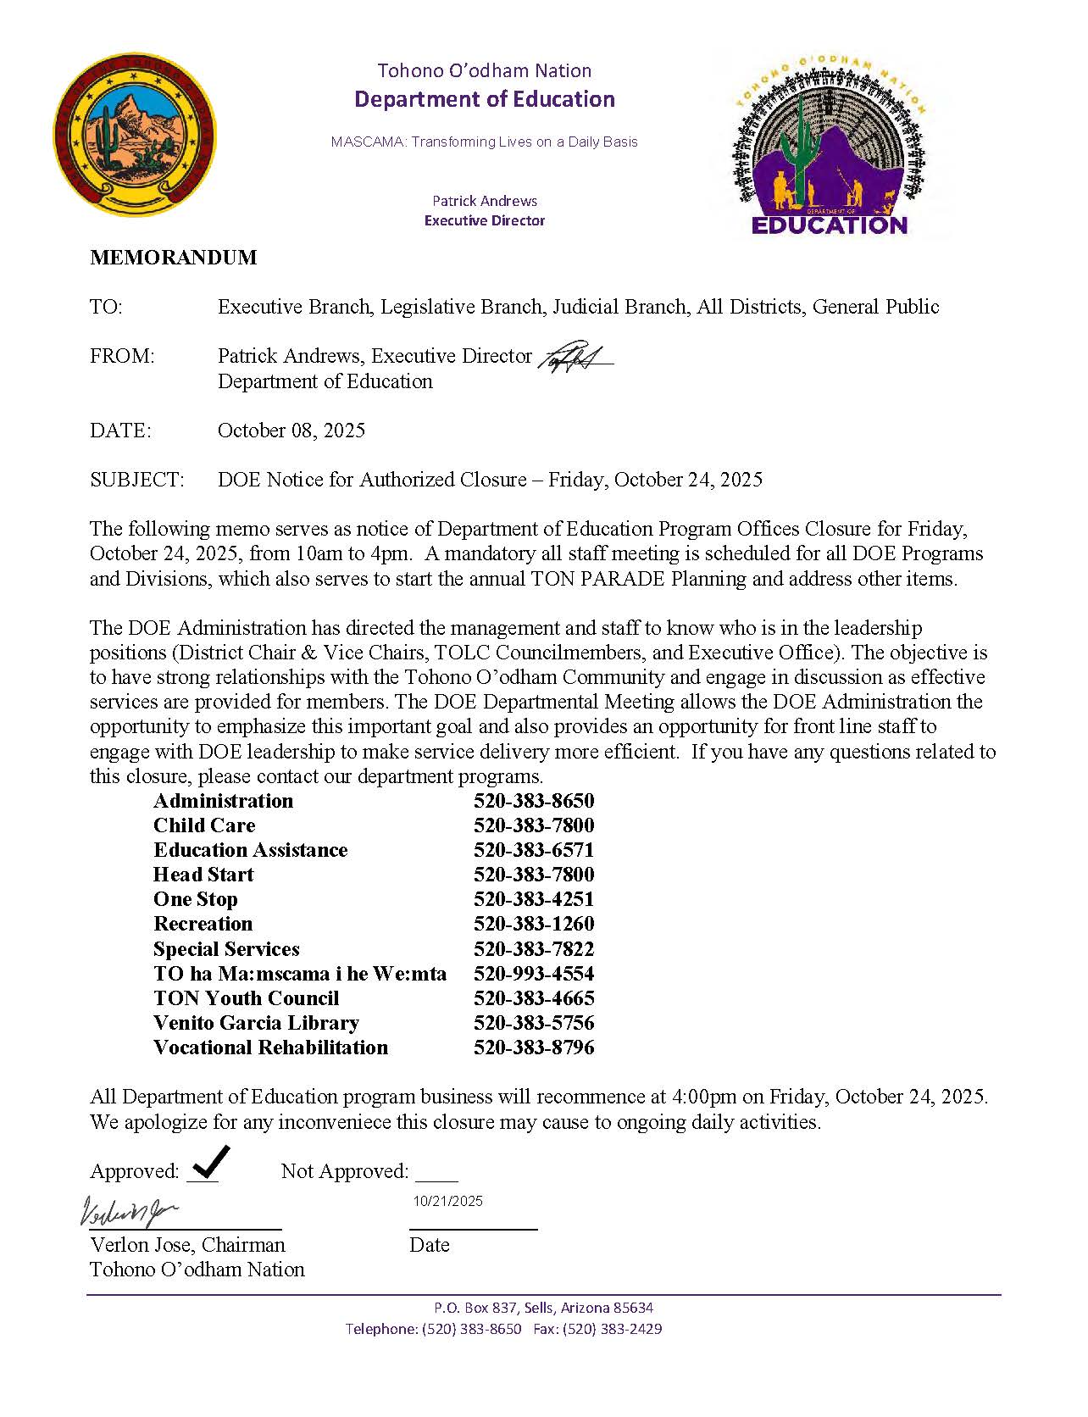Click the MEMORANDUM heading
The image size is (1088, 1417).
pos(173,258)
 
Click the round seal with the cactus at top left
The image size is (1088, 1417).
pos(135,135)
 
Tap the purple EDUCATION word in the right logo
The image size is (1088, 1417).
pos(830,225)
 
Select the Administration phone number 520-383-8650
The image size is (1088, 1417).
pos(534,801)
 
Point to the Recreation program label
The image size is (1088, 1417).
pos(203,924)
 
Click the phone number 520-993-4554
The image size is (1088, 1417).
pos(534,974)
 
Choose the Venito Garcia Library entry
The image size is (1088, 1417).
pos(256,1023)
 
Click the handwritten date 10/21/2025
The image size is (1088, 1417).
pos(447,1201)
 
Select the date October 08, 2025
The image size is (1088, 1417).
pos(291,431)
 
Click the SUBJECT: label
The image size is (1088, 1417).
pos(136,480)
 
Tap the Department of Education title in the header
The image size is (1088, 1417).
pos(484,99)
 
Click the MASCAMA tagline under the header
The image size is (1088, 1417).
pos(484,142)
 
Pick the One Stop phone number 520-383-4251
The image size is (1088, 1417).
pos(534,899)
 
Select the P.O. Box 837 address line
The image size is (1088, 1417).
pos(543,1308)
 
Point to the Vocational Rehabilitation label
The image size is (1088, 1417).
pos(270,1047)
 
